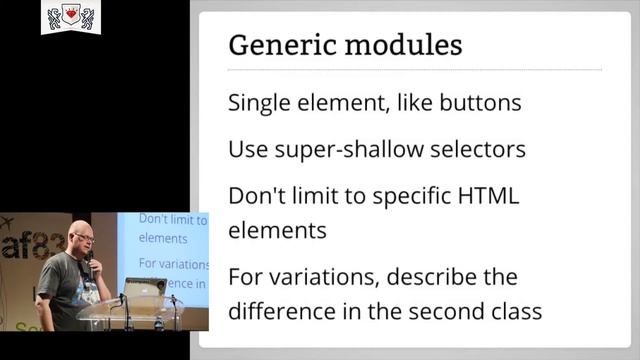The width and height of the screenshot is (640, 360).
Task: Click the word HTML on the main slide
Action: point(488,195)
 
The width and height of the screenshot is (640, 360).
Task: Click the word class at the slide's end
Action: point(514,310)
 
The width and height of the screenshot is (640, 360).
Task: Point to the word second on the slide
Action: point(439,310)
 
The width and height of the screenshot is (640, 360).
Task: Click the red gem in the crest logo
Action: point(70,16)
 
